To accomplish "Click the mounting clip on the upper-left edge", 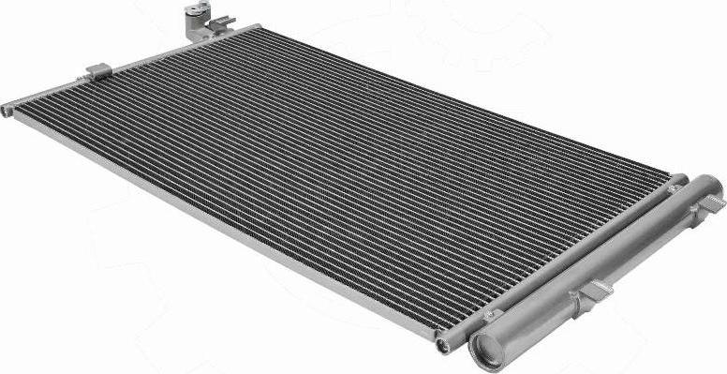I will point(98,70).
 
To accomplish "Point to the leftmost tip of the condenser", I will point(6,111).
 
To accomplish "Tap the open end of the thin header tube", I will point(443,345).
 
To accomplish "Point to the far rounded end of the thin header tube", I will point(681,178).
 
